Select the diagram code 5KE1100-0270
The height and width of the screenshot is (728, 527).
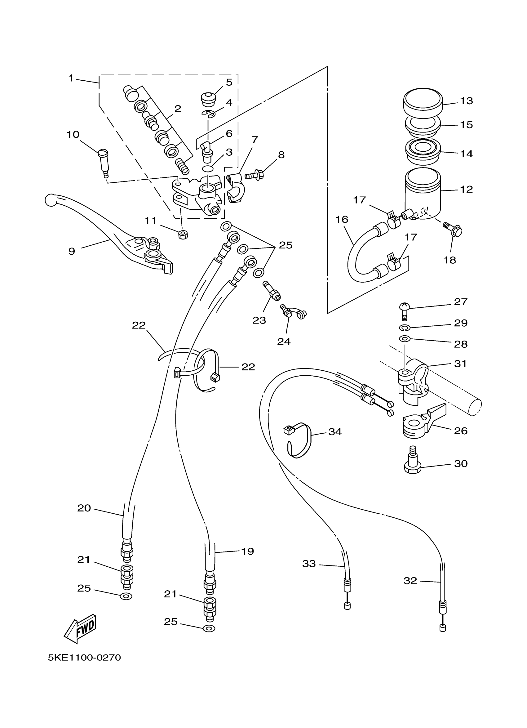[x=84, y=658]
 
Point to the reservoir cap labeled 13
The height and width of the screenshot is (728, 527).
[x=423, y=100]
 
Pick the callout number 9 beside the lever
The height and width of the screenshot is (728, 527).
[x=72, y=251]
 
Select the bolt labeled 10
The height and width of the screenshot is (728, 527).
[x=103, y=163]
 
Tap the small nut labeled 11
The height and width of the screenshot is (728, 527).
[x=183, y=234]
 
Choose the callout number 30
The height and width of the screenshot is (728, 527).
[x=461, y=463]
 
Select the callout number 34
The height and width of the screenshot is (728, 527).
[x=335, y=432]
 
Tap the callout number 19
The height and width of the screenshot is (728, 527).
[x=247, y=551]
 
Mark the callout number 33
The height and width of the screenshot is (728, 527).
[x=309, y=564]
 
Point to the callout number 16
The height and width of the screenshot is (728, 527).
[x=342, y=220]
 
